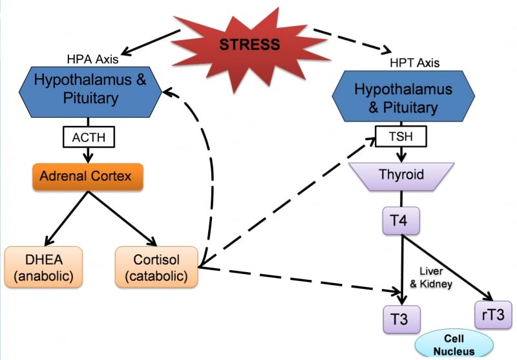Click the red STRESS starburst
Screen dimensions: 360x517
(x=249, y=44)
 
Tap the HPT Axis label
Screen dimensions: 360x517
(x=416, y=63)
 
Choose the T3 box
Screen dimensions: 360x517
(x=401, y=319)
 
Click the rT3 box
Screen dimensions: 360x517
(x=492, y=315)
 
